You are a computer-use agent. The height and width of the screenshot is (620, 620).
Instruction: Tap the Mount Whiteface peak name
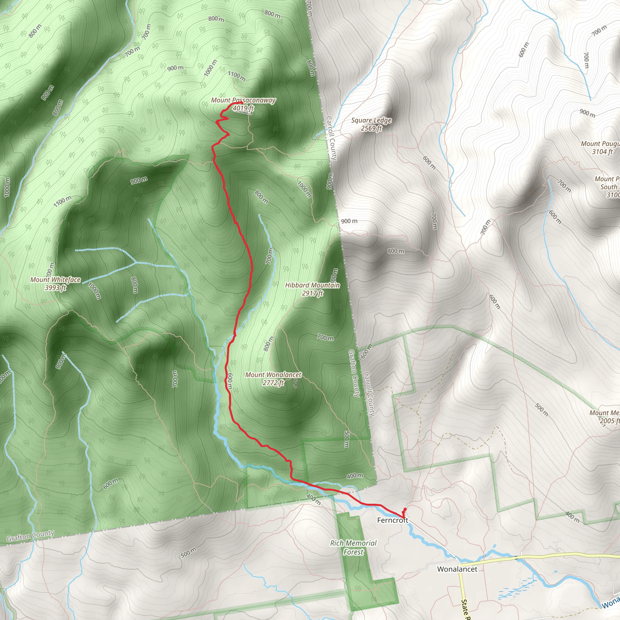[x=55, y=280]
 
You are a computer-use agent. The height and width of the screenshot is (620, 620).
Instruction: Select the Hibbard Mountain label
[x=312, y=285]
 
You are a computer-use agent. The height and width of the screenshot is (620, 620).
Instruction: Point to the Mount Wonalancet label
[x=273, y=375]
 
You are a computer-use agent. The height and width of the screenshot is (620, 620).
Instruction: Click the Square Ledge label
[x=371, y=120]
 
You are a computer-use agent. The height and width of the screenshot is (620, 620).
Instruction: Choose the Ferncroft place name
[x=392, y=520]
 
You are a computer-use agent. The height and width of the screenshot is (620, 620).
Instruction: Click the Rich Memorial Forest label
[x=353, y=547]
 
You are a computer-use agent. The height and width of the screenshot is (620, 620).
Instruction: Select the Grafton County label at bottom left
[x=31, y=536]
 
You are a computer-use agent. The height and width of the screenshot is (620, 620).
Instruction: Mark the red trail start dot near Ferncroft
[x=405, y=509]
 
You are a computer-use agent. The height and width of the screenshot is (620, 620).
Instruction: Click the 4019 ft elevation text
[x=243, y=108]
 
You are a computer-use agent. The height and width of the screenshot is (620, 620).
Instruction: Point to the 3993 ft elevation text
[x=55, y=288]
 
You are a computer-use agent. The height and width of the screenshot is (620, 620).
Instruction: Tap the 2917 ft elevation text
[x=312, y=293]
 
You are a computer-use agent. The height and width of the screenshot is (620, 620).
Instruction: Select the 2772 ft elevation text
[x=273, y=383]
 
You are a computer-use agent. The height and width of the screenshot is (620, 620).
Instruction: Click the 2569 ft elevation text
[x=371, y=128]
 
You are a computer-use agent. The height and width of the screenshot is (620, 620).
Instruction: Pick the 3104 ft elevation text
[x=602, y=152]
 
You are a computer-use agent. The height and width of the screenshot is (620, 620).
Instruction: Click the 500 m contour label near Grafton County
[x=188, y=552]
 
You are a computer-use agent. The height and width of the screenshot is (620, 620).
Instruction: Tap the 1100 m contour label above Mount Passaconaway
[x=236, y=76]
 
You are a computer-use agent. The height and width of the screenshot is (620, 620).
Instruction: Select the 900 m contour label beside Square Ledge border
[x=349, y=221]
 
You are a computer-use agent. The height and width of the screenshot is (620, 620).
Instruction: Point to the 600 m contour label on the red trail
[x=230, y=381]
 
